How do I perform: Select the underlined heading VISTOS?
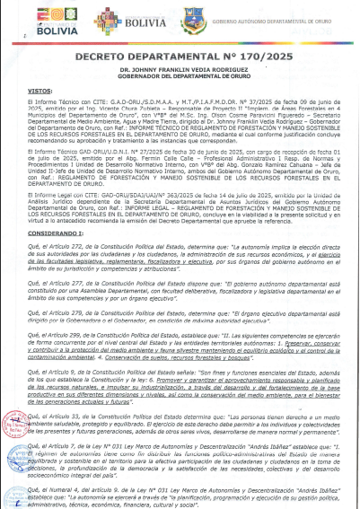click(x=40, y=92)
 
